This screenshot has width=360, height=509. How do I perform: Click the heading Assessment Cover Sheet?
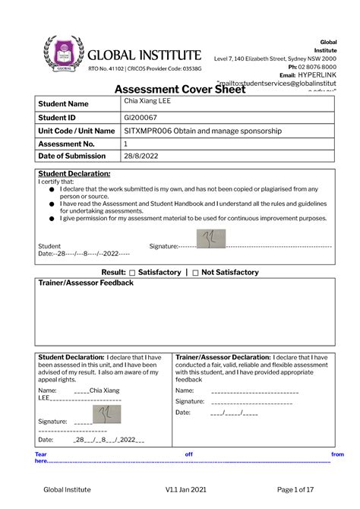click(179, 89)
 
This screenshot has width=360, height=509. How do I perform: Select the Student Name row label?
click(64, 103)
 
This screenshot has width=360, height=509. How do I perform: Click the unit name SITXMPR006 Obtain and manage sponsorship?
click(203, 131)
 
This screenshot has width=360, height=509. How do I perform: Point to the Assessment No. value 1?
click(126, 144)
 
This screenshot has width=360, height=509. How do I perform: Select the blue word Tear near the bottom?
click(42, 454)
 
